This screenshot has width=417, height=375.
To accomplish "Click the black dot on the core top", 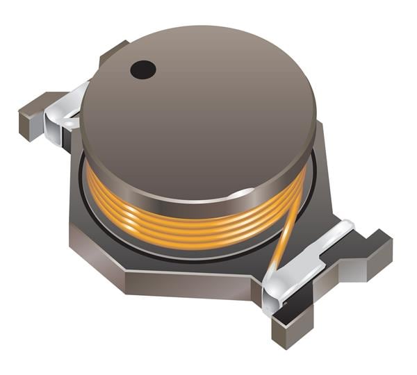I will pos(143,69).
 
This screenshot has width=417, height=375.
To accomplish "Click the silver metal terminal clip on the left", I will pos(66,111).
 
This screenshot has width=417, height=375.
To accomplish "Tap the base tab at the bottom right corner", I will pos(292,326).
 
